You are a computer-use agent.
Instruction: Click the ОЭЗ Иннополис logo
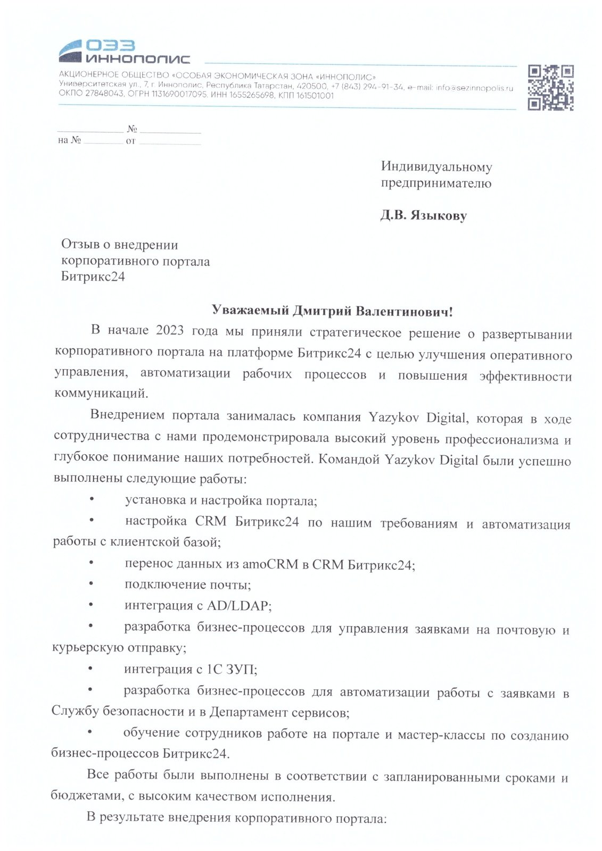(124, 51)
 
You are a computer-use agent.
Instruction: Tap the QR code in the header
(550, 87)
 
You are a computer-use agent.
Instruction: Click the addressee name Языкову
(439, 216)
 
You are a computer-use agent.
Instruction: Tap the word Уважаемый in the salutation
(246, 311)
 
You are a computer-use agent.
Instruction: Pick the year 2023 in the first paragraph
(170, 331)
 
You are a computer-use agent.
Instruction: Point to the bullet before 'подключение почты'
(91, 584)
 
